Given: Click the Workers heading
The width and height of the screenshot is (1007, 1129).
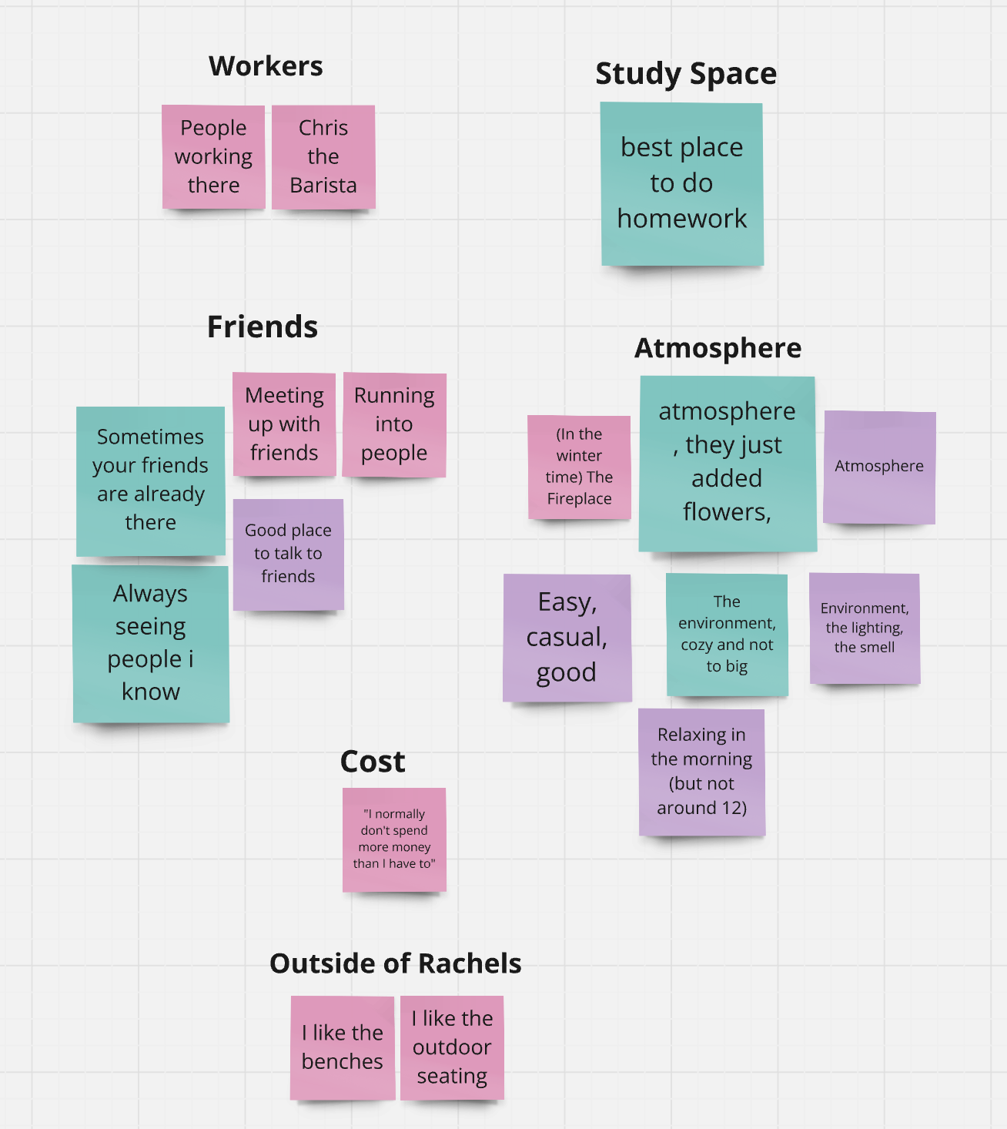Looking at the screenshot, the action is tap(266, 66).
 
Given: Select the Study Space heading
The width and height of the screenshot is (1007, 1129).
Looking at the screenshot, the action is tap(686, 74).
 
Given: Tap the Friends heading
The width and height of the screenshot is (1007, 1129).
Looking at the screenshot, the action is tap(262, 327).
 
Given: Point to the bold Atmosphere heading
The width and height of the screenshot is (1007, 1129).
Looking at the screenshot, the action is tap(718, 348).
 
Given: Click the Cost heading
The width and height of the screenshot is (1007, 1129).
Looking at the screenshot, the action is tap(373, 762).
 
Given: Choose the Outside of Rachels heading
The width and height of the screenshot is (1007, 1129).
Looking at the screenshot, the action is tap(395, 963).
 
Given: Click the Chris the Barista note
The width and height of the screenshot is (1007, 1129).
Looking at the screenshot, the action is tap(323, 156).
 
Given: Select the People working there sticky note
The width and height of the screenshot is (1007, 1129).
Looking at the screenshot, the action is tap(213, 156).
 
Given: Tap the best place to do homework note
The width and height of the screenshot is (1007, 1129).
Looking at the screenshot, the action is tap(682, 183).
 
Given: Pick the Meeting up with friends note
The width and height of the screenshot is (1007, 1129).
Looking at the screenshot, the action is tap(284, 424).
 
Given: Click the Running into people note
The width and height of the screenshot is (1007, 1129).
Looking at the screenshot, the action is tap(393, 424).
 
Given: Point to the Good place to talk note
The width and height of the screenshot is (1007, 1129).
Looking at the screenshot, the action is tap(288, 554).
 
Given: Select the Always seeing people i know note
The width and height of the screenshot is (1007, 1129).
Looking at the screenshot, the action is tap(151, 643).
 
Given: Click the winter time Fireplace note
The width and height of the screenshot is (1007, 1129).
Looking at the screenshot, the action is tap(579, 467).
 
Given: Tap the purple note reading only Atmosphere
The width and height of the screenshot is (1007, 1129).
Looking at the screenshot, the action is tap(879, 467).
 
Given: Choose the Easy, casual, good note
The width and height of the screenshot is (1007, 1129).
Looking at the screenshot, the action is tap(567, 637).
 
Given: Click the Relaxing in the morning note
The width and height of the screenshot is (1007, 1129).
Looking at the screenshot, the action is tap(701, 772).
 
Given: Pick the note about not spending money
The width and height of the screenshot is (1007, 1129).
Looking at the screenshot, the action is tap(394, 839).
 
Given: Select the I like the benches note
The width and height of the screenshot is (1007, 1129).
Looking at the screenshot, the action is tap(343, 1047).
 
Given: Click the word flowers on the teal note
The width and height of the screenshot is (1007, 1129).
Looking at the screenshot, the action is tap(726, 511).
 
